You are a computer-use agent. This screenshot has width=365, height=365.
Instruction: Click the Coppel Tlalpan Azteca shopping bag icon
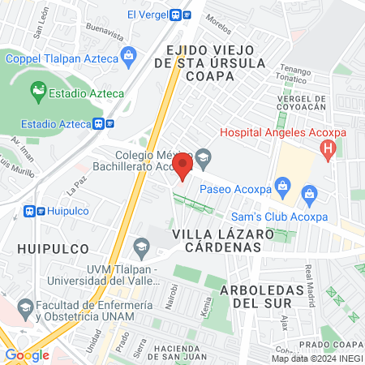click(127, 56)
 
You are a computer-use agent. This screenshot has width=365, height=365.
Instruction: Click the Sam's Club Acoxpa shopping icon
click(308, 194)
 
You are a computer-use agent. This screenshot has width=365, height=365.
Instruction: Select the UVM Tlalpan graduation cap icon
click(141, 246)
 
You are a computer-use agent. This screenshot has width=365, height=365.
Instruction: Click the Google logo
click(27, 354)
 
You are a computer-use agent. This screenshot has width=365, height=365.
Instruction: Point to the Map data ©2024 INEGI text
click(316, 359)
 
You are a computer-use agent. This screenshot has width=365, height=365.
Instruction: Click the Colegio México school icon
click(203, 155)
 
